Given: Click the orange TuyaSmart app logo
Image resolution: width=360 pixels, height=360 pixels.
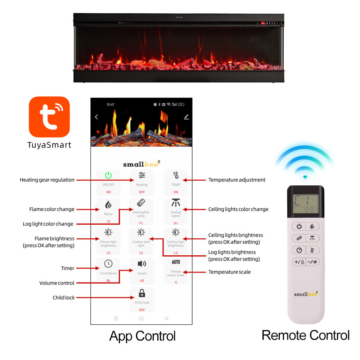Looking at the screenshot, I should pos(49,117).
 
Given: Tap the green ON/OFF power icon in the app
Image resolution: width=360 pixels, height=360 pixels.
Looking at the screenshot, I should pos(108,175).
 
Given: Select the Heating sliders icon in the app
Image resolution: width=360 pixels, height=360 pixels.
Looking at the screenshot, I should pos(142,175).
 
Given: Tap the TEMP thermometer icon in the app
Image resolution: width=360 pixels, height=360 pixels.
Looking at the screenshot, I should pos(176,175).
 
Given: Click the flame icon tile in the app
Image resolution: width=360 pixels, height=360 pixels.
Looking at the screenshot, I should pos(108,205).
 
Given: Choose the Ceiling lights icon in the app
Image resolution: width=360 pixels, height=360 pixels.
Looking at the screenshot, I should pos(176,203).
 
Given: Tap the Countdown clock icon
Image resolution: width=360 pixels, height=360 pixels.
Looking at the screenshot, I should pos(108,264).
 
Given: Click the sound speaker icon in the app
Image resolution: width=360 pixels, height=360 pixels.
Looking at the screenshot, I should pos(142,264).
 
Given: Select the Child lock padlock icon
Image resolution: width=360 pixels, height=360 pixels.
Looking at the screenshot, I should pos(142,293).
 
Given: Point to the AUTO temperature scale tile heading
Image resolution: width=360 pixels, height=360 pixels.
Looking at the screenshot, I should pos(176,262).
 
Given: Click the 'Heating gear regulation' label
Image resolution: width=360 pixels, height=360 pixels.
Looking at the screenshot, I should pos(47,180).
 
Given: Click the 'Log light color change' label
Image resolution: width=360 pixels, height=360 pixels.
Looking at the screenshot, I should pos(48,224).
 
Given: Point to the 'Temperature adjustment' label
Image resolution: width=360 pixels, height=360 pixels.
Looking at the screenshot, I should pos(237,180).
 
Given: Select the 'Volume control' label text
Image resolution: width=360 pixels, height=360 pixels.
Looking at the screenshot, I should pos(57,283).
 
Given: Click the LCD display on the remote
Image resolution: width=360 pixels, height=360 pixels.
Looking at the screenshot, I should pos(305,204).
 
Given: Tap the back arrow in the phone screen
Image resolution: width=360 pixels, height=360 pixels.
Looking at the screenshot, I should pos(96,117).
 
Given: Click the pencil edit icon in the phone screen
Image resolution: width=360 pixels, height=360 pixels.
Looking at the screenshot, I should pos(186,117).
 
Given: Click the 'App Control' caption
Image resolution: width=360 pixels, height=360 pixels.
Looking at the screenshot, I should pos(142,336).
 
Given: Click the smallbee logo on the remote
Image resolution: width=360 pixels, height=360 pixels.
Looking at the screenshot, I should pos(306,294).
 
